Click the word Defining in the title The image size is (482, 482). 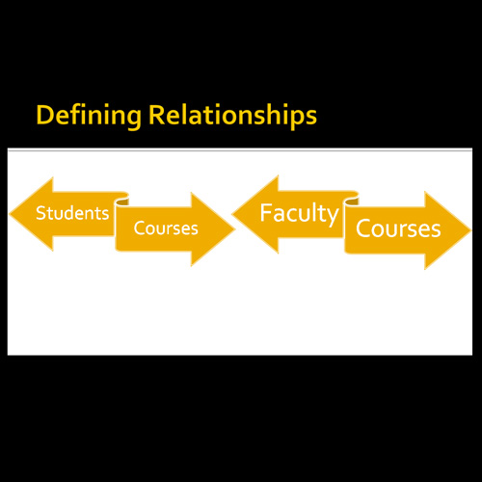click(x=89, y=116)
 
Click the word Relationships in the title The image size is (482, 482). click(x=232, y=116)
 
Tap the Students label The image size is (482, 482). click(x=72, y=213)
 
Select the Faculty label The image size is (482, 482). click(x=300, y=214)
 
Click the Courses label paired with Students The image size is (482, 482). click(x=166, y=228)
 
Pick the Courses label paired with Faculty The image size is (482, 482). click(x=398, y=228)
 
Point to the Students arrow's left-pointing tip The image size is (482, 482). click(x=10, y=214)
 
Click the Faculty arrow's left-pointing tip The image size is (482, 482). click(x=232, y=214)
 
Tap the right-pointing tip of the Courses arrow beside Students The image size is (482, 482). click(x=235, y=229)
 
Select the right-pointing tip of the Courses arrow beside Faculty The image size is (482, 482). click(x=470, y=229)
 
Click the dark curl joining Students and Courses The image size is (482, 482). click(x=122, y=201)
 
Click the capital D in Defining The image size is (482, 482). click(x=44, y=115)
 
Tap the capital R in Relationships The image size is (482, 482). click(x=156, y=115)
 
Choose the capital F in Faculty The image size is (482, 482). click(x=265, y=212)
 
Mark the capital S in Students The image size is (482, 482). click(x=40, y=213)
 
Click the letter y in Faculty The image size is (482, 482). click(x=333, y=217)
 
